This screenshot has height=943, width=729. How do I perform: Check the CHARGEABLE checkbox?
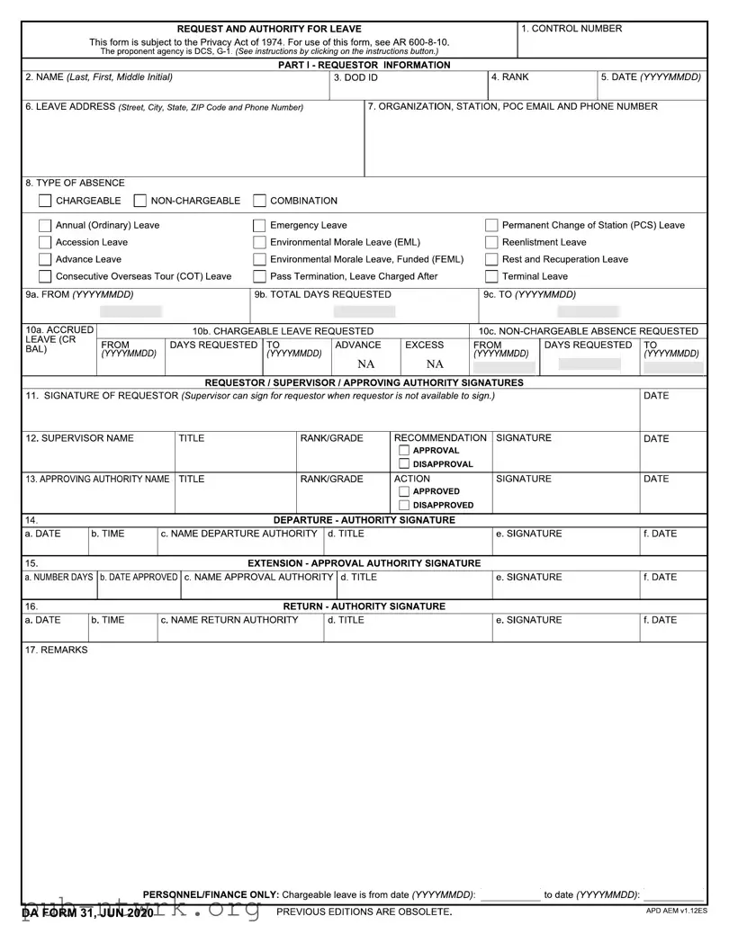coord(45,201)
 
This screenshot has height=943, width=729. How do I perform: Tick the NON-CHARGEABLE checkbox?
coord(140,201)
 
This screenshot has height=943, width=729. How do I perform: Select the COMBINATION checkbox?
coord(259,201)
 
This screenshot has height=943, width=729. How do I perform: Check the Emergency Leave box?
coord(259,225)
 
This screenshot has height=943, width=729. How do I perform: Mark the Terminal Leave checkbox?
coord(492,276)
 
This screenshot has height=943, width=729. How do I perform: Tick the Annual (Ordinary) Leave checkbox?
coord(45,225)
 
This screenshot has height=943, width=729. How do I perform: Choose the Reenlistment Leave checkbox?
coord(492,242)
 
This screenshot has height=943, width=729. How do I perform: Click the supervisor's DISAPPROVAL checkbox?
coord(404,464)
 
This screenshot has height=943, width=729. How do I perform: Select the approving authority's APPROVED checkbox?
coord(404,492)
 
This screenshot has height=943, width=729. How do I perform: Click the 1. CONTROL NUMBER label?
coord(572,29)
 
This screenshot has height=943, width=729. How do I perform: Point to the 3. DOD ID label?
coord(355,77)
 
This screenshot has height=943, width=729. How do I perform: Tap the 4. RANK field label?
coord(510,77)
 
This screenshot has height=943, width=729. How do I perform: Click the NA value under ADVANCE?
coord(365,364)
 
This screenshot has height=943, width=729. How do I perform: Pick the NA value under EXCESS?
coord(435,364)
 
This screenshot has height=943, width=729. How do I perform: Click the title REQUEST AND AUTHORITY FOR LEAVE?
coord(269,29)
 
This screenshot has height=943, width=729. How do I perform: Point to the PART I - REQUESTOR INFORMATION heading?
coord(364,65)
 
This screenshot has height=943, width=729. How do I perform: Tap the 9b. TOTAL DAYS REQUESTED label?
coord(323,294)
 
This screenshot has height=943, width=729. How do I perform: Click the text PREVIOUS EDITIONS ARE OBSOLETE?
coord(364,912)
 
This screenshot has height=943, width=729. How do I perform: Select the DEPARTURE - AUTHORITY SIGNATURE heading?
coord(364,520)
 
